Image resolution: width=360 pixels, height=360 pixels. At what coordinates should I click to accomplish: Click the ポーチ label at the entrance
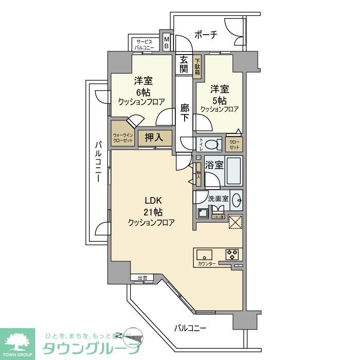[206, 34]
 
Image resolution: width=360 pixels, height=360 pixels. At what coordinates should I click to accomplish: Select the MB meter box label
[166, 42]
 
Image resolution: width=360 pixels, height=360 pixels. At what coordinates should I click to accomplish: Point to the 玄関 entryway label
[184, 65]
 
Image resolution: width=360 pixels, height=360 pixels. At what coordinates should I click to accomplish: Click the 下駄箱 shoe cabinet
[197, 67]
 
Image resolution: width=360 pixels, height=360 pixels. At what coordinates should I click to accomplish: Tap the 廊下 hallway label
[185, 112]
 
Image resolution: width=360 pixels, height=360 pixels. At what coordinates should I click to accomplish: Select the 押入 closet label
[154, 137]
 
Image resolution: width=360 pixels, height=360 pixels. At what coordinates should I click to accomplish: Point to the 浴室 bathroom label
[214, 166]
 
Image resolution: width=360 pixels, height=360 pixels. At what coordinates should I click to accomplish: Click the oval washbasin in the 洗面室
[236, 199]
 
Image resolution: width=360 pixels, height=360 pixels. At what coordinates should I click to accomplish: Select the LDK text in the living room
[153, 200]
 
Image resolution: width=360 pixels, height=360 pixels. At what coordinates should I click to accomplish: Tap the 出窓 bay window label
[142, 278]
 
